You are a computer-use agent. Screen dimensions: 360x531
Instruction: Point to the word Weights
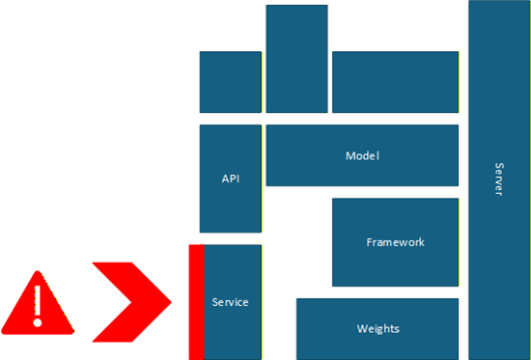click(x=377, y=329)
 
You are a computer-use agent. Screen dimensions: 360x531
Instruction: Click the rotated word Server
click(x=498, y=179)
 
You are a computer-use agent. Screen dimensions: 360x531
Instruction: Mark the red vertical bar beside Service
click(x=196, y=301)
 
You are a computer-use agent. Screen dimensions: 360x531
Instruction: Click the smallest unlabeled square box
click(x=230, y=82)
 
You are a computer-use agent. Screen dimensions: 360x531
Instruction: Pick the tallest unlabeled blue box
click(x=296, y=59)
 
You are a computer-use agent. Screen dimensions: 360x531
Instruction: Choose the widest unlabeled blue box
click(x=395, y=82)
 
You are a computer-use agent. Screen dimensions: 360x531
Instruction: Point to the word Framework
click(x=395, y=242)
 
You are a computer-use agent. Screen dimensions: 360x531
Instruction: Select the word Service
click(x=230, y=302)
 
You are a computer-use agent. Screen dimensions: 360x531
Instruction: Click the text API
click(x=230, y=179)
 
